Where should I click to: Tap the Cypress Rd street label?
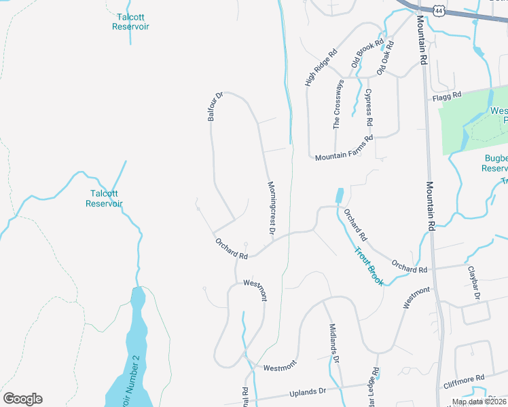click(369, 107)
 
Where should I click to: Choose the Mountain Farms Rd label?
click(344, 148)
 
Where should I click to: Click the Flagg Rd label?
click(446, 96)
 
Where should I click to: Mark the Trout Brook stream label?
click(368, 265)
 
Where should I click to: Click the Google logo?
click(22, 399)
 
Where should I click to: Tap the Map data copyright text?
click(479, 402)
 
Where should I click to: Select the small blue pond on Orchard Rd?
click(339, 195)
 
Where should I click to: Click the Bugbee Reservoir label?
click(494, 163)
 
